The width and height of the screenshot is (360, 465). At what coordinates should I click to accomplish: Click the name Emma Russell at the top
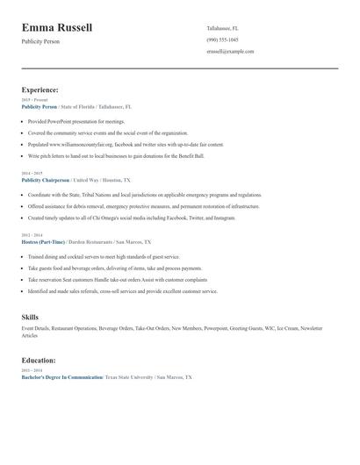pos(57,28)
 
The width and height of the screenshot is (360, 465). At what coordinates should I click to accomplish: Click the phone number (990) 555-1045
pos(222,39)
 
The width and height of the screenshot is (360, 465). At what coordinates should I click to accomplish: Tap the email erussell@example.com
pos(230,52)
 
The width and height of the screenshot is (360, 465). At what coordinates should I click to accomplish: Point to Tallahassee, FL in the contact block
pos(224,28)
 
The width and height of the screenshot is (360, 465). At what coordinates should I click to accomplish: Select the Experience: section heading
pos(40,89)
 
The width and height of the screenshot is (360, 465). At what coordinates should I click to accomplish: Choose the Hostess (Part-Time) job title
pos(42,240)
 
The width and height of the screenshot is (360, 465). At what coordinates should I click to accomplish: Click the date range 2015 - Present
pos(34,100)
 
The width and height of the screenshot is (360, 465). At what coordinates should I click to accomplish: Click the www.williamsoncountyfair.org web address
pos(85,144)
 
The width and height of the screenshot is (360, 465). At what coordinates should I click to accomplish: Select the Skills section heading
pos(30,317)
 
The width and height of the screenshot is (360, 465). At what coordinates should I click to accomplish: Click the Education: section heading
pos(39,360)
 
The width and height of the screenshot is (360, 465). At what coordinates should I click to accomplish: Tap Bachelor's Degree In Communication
pos(61,376)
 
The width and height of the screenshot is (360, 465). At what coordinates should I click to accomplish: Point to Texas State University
pos(129,376)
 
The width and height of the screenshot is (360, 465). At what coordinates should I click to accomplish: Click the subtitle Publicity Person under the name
pos(40,41)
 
